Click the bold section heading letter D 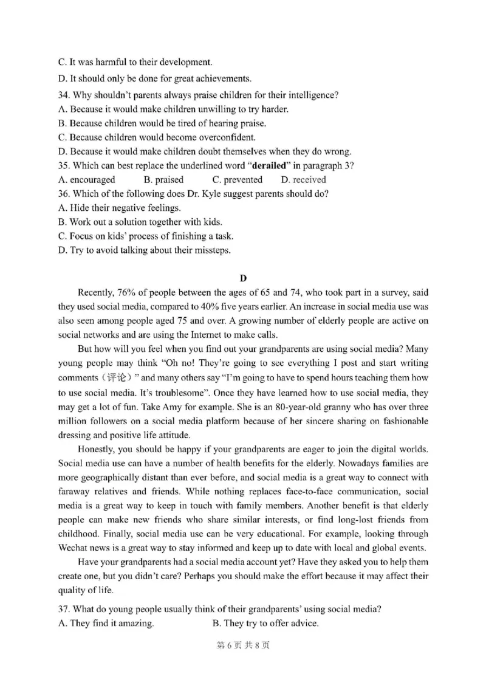[x=243, y=278]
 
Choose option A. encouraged [x=86, y=179]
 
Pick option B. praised [x=163, y=179]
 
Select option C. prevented [x=237, y=179]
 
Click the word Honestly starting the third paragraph [x=97, y=449]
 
